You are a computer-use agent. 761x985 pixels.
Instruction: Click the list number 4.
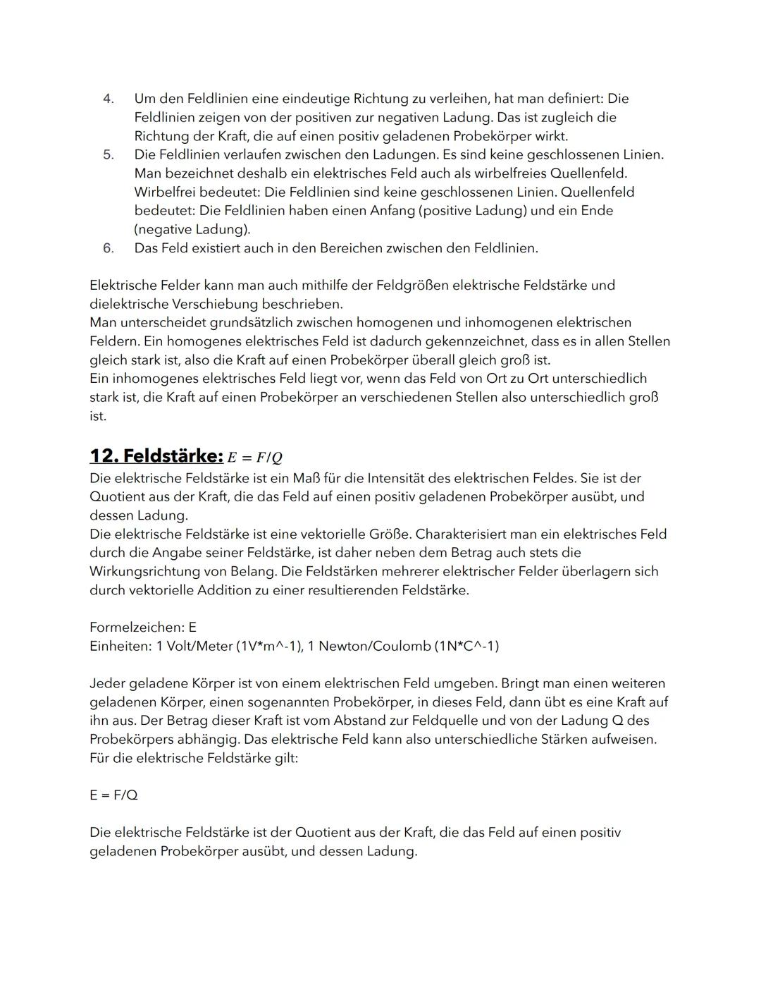tap(108, 99)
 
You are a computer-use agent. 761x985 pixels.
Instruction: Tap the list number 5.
tap(108, 154)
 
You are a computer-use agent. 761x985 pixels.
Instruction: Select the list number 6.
tap(108, 248)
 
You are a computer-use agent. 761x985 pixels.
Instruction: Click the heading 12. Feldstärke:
tap(156, 455)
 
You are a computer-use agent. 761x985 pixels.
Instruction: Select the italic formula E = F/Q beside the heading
tap(255, 458)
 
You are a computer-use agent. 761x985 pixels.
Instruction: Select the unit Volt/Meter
tap(199, 647)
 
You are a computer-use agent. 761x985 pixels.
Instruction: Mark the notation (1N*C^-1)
tap(467, 647)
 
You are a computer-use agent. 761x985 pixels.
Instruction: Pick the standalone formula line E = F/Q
tap(113, 795)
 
